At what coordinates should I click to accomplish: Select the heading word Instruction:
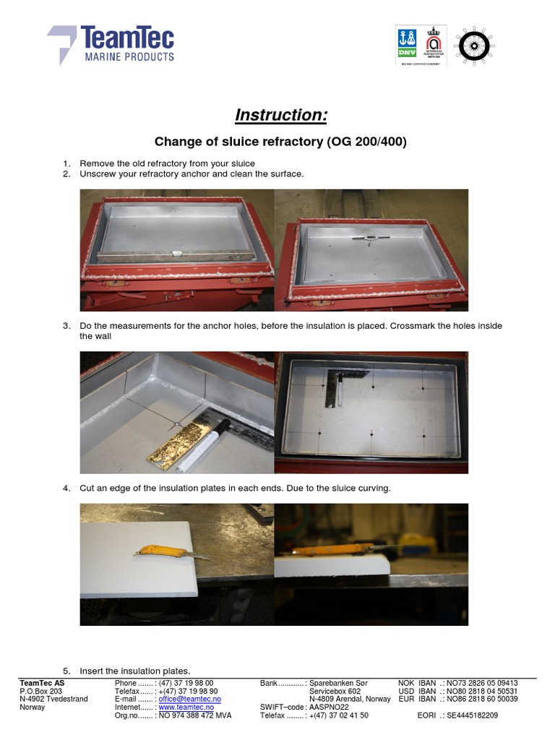click(x=281, y=115)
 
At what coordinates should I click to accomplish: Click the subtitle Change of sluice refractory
click(x=281, y=142)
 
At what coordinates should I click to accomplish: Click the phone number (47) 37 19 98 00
click(x=186, y=683)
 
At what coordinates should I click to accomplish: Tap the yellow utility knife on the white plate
click(x=163, y=553)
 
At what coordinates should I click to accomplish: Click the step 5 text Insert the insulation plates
click(x=135, y=671)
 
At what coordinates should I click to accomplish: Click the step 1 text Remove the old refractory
click(x=167, y=163)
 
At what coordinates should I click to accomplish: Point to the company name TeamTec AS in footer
click(x=42, y=683)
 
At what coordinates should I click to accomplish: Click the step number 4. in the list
click(x=66, y=489)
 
